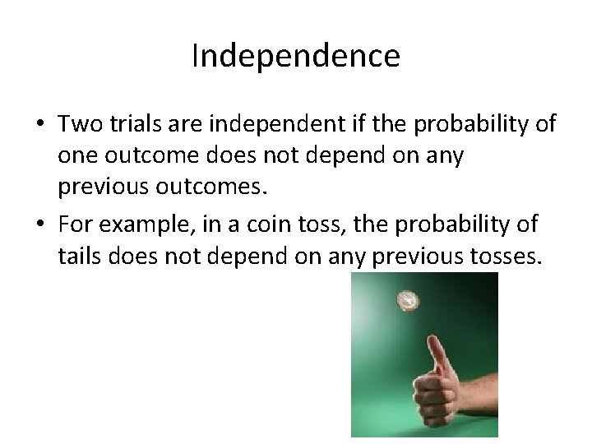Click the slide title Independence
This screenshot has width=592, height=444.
click(295, 56)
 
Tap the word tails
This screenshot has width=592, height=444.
click(80, 257)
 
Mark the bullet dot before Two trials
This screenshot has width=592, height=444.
click(39, 125)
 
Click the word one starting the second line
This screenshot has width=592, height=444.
click(76, 156)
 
